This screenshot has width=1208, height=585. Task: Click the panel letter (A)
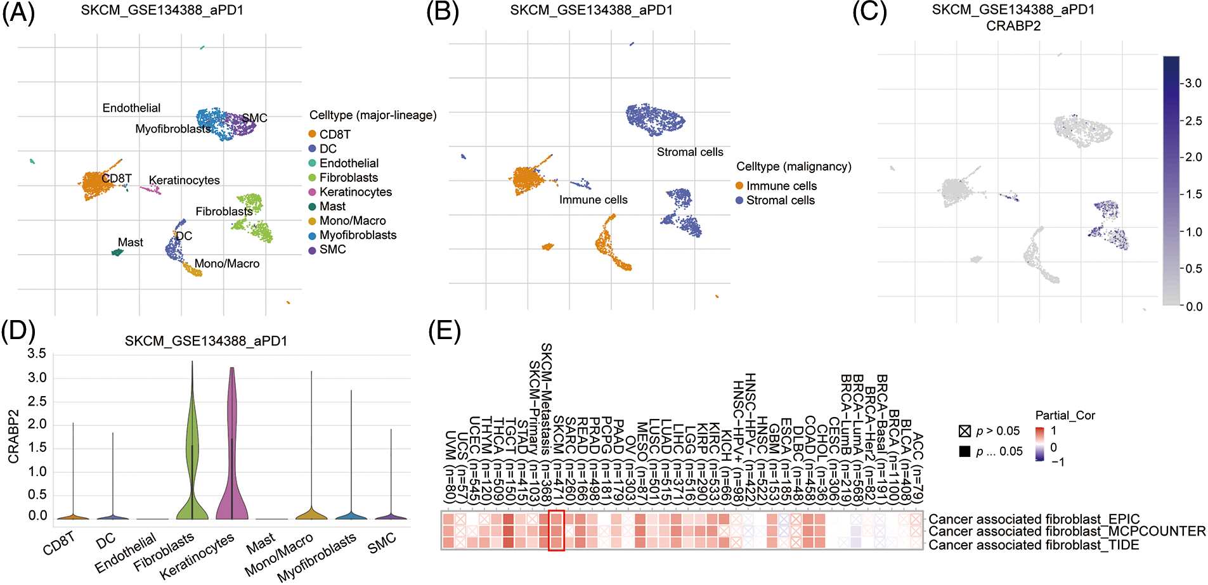point(18,12)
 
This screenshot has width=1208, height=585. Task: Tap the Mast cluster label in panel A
point(130,242)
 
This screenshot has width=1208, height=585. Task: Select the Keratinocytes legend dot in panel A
point(312,192)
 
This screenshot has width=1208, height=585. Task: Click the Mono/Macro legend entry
point(352,221)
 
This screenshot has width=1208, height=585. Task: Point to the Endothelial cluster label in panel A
point(131,108)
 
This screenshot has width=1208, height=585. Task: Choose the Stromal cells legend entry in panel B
point(780,200)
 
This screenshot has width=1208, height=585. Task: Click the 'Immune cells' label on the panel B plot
point(593,200)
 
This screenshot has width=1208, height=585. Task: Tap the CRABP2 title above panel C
point(1013,26)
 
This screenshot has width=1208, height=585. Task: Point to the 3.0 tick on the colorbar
point(1193,83)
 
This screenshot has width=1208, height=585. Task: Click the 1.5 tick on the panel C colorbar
point(1193,194)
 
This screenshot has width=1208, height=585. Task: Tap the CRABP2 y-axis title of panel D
point(13,436)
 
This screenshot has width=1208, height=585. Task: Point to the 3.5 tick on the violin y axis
point(37,354)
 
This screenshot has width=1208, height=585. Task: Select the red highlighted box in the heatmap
point(556,530)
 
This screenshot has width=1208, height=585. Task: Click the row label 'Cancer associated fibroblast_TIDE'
point(1034,545)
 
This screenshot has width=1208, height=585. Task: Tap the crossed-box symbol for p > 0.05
point(965,432)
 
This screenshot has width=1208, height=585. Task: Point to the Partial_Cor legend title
point(1065,415)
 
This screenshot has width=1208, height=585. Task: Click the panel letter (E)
point(445,330)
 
